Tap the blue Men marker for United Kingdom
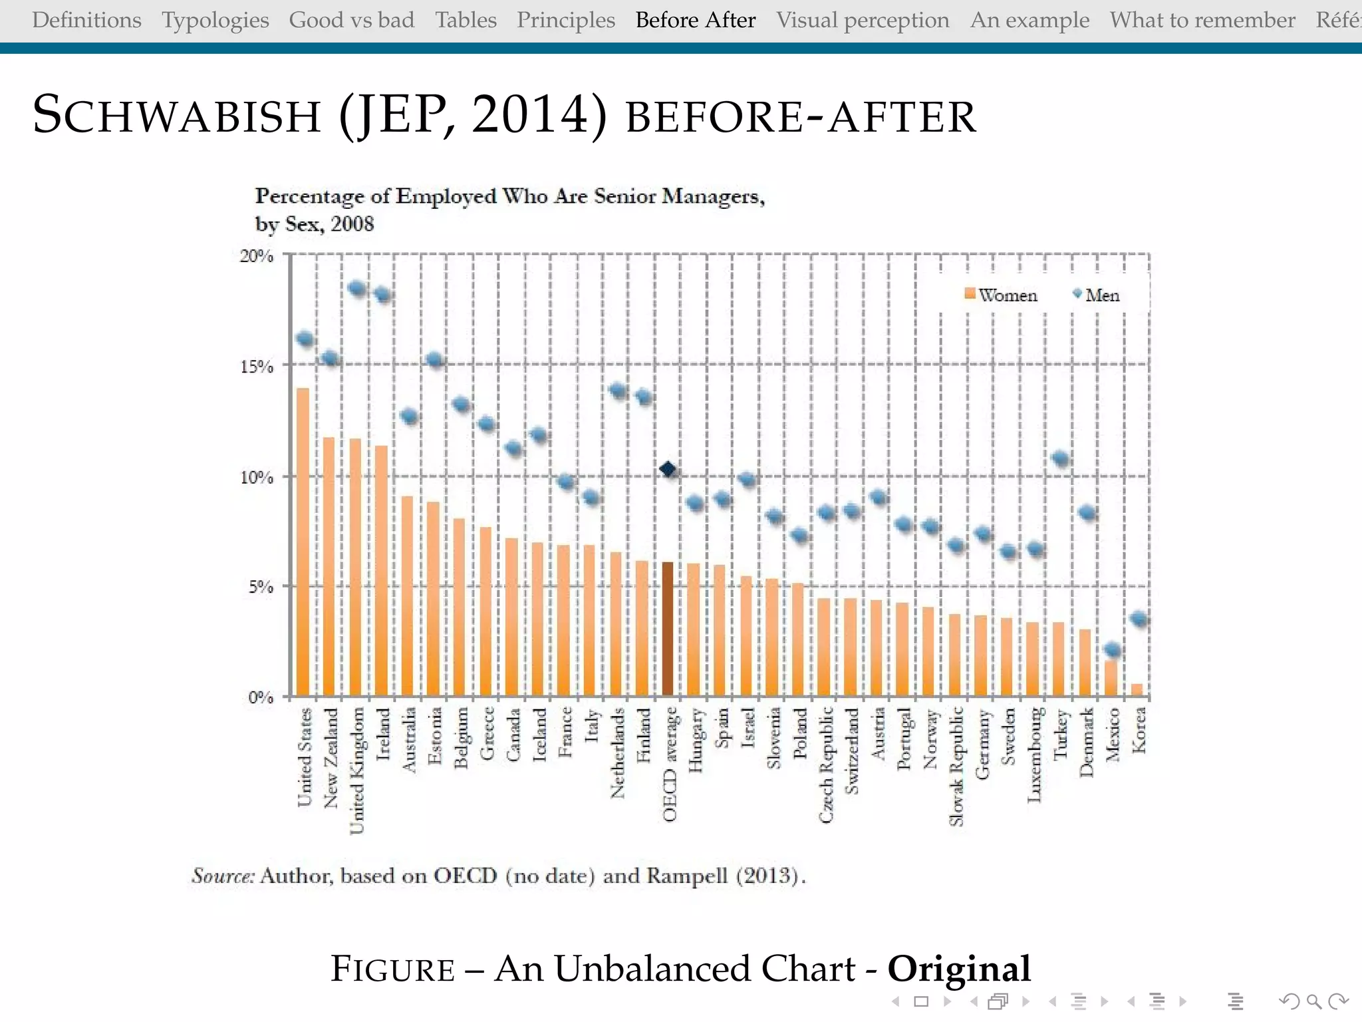click(x=357, y=289)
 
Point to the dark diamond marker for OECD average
click(x=668, y=470)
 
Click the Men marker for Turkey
click(x=1061, y=458)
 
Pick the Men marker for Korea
click(x=1139, y=619)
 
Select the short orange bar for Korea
click(x=1137, y=690)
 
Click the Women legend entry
click(x=1001, y=295)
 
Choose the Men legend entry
click(x=1097, y=295)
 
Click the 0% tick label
click(x=261, y=697)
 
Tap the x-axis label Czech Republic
click(x=825, y=764)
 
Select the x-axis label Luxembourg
click(x=1034, y=755)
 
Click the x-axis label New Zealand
click(x=331, y=757)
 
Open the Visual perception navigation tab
click(x=863, y=20)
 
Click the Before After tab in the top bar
click(x=695, y=20)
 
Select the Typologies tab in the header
click(x=215, y=20)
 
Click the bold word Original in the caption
click(x=958, y=968)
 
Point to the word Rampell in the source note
click(x=687, y=875)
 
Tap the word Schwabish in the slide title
click(x=177, y=114)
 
